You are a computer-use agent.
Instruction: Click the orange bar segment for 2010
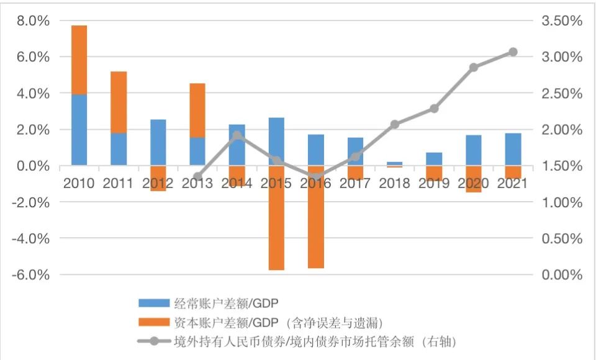[79, 60]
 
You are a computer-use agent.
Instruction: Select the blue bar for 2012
[158, 142]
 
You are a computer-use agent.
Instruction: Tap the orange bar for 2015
[276, 217]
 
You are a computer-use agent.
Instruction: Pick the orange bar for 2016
[315, 217]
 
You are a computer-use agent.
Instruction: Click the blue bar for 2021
[513, 149]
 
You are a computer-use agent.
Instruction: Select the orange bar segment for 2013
[197, 110]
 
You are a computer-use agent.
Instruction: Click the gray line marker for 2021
[513, 52]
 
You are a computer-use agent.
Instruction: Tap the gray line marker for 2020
[474, 67]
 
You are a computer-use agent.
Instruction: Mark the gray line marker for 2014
[237, 135]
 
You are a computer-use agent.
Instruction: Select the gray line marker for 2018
[395, 124]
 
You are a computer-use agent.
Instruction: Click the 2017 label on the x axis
[355, 184]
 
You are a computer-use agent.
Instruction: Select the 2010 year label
[79, 184]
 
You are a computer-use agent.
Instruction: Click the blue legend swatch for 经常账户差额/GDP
[153, 304]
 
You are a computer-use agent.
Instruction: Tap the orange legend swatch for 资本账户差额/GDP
[153, 322]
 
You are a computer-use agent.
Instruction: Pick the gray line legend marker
[153, 341]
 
